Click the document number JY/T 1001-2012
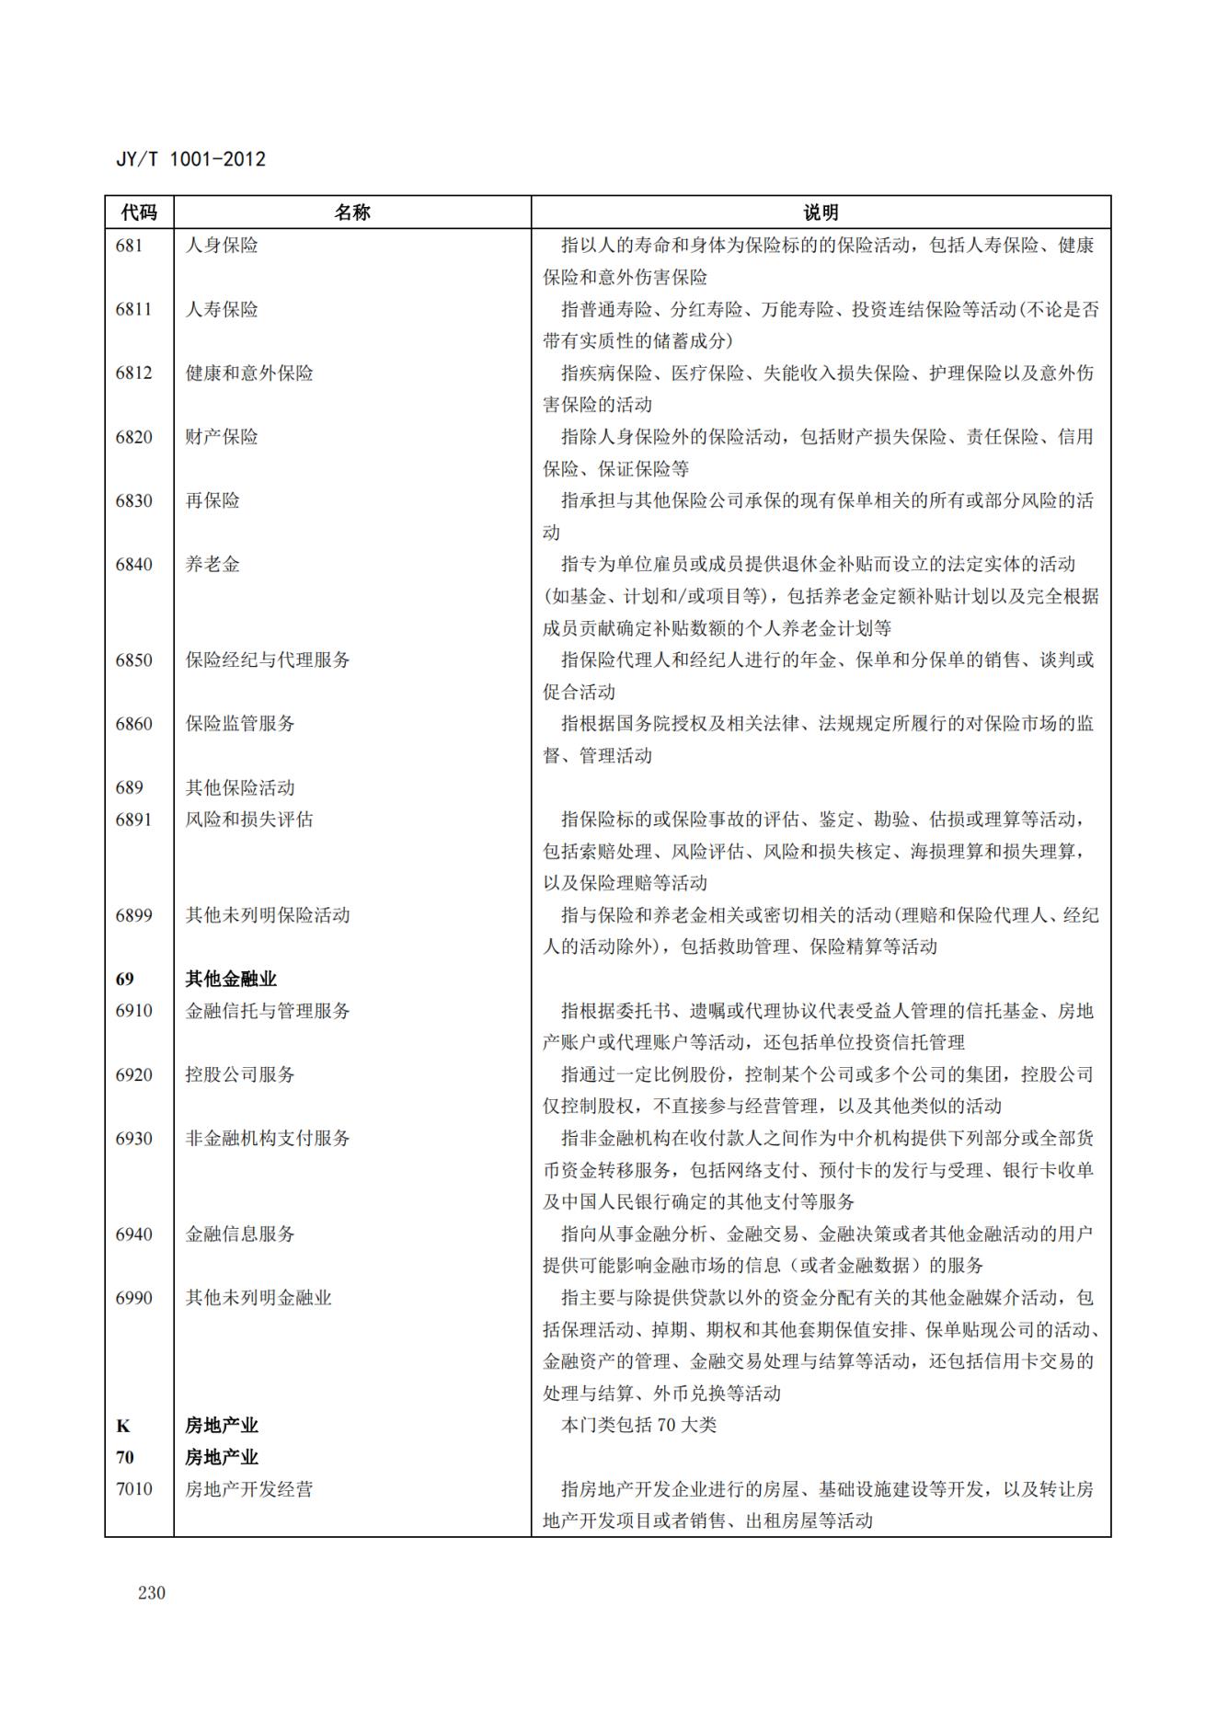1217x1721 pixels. coord(190,159)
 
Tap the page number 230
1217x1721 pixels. coord(152,1592)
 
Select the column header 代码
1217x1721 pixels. coord(139,212)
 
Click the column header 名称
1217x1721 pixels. coord(351,212)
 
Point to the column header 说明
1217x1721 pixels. coord(821,212)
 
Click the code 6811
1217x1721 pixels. coord(133,309)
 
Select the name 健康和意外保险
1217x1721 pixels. coord(249,373)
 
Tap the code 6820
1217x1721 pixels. coord(133,436)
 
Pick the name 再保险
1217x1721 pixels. coord(212,500)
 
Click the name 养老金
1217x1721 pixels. coord(212,564)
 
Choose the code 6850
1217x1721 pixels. coord(133,660)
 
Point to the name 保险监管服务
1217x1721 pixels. coord(240,723)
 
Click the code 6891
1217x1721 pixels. coord(133,819)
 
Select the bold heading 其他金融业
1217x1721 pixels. coord(231,979)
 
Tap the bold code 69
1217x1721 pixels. coord(124,979)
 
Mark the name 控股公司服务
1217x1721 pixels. coord(240,1074)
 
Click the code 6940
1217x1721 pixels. coord(133,1233)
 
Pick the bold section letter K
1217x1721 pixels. coord(123,1426)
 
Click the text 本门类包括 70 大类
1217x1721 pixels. coord(638,1425)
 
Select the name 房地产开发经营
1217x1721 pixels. coord(249,1488)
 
